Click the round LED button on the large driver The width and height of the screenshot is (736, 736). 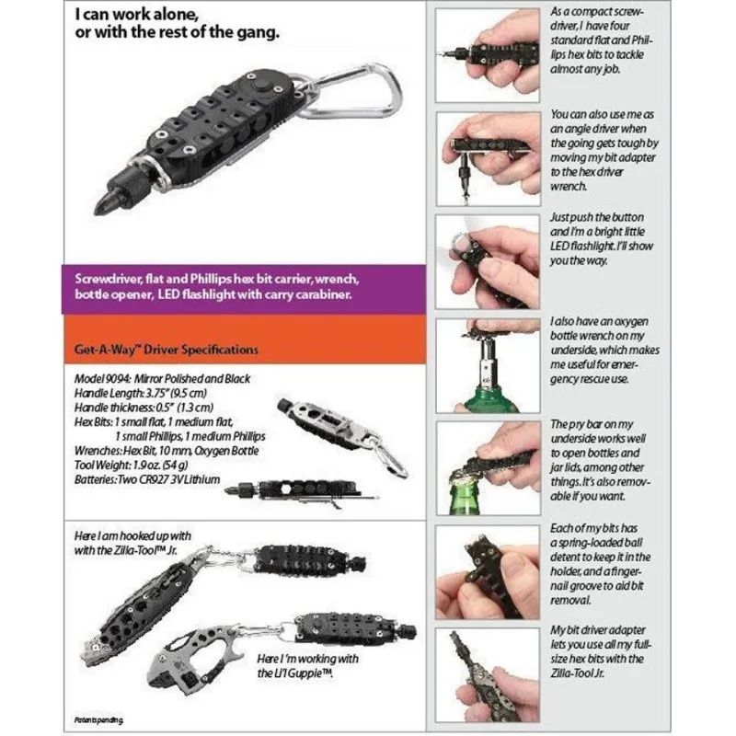click(x=259, y=87)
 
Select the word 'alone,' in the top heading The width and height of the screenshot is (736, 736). click(x=171, y=15)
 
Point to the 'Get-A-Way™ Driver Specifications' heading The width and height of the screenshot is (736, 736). click(x=167, y=350)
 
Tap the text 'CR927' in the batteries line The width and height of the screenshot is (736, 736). click(x=155, y=479)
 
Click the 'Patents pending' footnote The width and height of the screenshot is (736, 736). click(x=99, y=719)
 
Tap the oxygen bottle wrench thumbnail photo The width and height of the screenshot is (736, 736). click(x=488, y=365)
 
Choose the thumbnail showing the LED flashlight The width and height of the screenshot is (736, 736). click(x=488, y=262)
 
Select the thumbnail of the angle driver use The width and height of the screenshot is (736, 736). click(x=488, y=159)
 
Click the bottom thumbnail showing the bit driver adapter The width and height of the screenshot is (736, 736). click(x=488, y=675)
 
